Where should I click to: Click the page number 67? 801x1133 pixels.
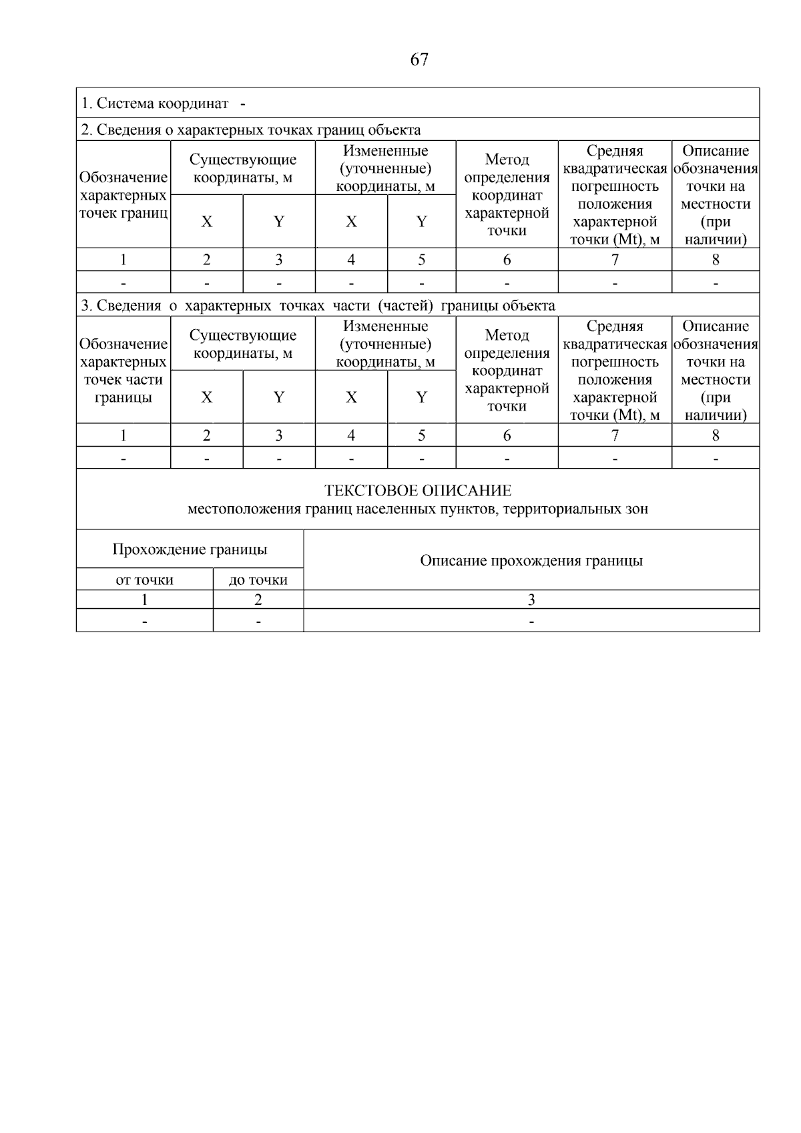click(419, 60)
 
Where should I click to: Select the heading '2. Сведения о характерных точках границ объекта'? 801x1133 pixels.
click(251, 130)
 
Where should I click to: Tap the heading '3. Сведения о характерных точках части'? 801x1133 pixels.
click(318, 306)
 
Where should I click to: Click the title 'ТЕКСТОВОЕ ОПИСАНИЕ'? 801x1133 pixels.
click(418, 491)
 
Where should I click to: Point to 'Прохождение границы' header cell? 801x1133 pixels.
click(190, 549)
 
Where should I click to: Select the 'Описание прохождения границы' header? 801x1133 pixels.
click(531, 560)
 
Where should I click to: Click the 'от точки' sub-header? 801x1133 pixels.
click(144, 580)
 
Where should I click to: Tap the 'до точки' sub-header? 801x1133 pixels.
click(258, 580)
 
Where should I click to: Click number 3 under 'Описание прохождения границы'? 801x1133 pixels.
click(531, 600)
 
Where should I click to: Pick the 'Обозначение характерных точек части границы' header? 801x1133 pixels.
click(123, 371)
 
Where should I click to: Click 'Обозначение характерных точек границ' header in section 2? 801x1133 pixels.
click(123, 195)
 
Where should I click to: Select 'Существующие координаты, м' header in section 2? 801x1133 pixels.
click(243, 168)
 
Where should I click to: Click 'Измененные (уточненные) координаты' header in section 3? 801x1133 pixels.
click(385, 344)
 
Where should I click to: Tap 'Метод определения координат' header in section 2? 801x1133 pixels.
click(507, 195)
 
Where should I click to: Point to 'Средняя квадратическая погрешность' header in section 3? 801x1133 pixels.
click(615, 371)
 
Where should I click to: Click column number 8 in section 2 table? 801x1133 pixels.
click(716, 260)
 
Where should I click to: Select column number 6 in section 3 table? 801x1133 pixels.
click(507, 435)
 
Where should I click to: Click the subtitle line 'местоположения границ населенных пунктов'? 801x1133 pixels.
click(418, 509)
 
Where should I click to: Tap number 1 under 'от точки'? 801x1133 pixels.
click(144, 600)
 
